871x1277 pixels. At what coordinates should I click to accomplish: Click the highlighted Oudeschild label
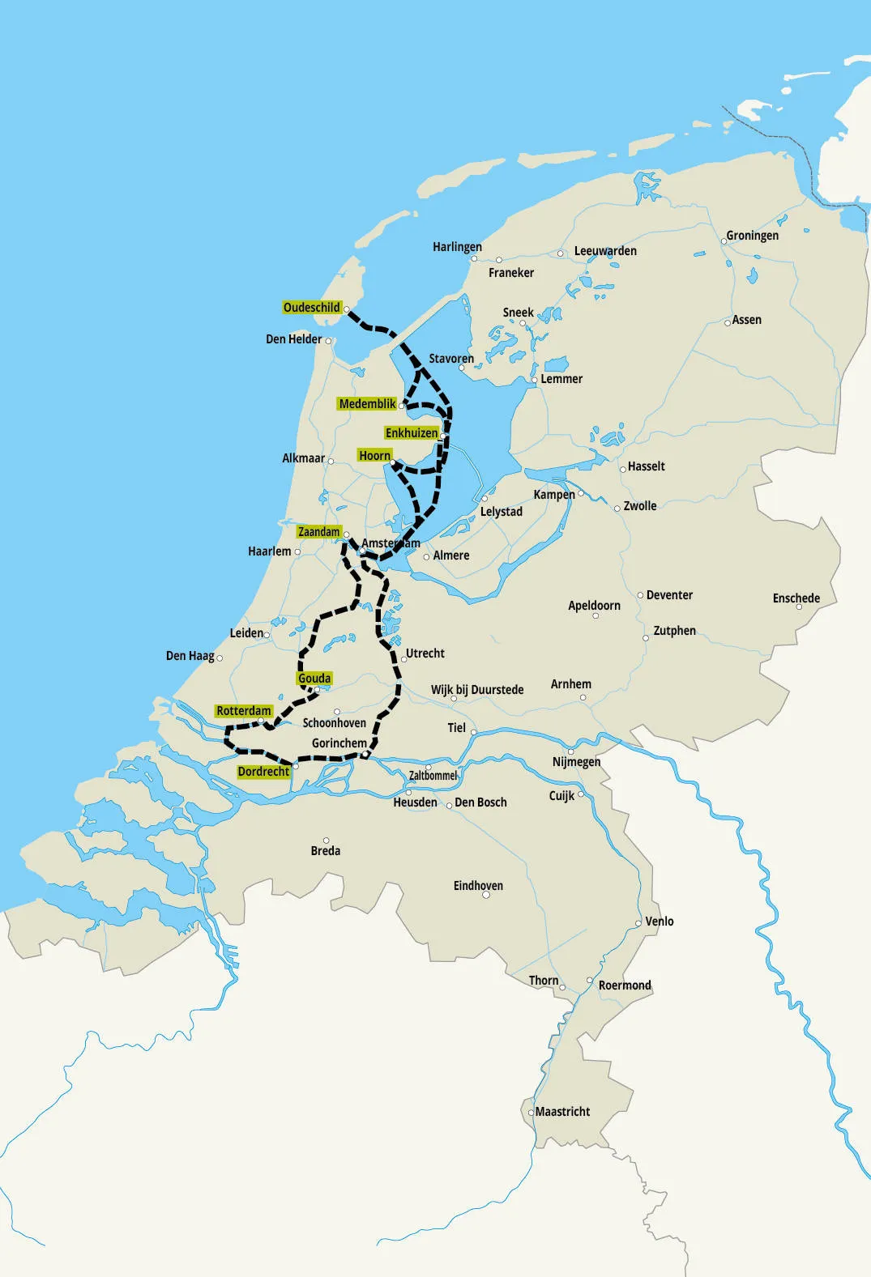[x=311, y=308]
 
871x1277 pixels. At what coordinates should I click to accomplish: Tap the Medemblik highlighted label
[x=367, y=404]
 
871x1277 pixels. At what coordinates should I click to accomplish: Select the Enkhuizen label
[x=411, y=433]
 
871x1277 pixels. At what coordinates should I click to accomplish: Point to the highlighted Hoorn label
[x=374, y=456]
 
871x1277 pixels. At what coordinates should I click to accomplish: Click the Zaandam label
[x=318, y=532]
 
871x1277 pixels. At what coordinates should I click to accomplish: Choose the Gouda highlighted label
[x=314, y=679]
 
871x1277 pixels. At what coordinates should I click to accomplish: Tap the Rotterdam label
[x=243, y=711]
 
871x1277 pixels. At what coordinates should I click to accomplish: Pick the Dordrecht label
[x=263, y=772]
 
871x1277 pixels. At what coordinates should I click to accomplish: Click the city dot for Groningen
[x=724, y=241]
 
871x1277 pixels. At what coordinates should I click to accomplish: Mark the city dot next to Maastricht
[x=532, y=1113]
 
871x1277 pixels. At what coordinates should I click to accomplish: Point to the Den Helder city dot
[x=328, y=341]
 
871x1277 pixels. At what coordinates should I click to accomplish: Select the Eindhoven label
[x=478, y=886]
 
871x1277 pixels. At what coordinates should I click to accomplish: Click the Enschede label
[x=796, y=598]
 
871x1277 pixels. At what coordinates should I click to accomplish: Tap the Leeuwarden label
[x=605, y=251]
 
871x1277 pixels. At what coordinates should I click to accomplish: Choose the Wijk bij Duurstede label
[x=477, y=690]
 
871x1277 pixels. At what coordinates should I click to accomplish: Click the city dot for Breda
[x=326, y=841]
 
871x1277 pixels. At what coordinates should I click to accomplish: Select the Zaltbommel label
[x=433, y=776]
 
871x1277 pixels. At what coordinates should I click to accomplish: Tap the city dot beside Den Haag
[x=220, y=658]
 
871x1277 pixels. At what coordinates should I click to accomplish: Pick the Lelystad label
[x=502, y=512]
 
